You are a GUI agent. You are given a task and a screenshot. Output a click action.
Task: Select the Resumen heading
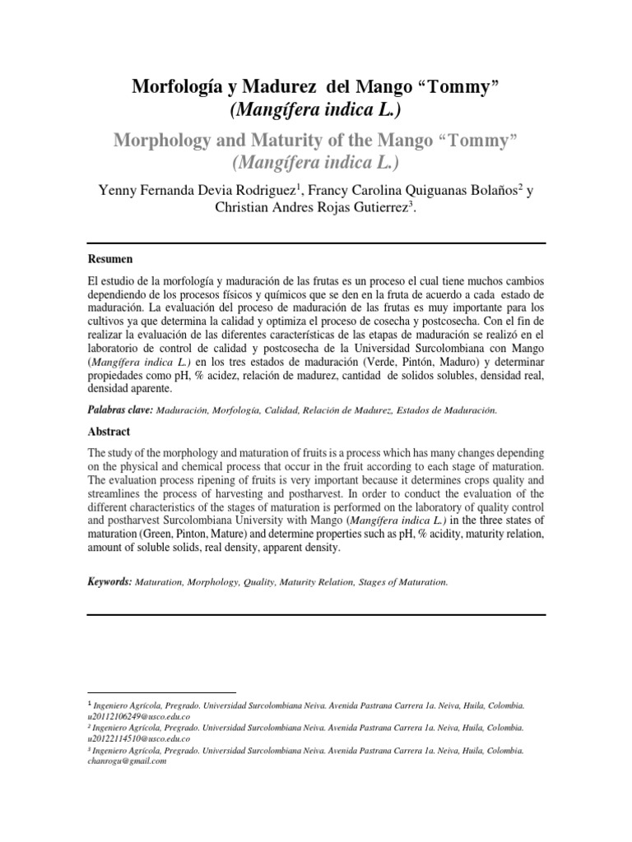[x=109, y=258]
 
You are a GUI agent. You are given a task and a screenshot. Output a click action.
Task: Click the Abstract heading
[x=109, y=431]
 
